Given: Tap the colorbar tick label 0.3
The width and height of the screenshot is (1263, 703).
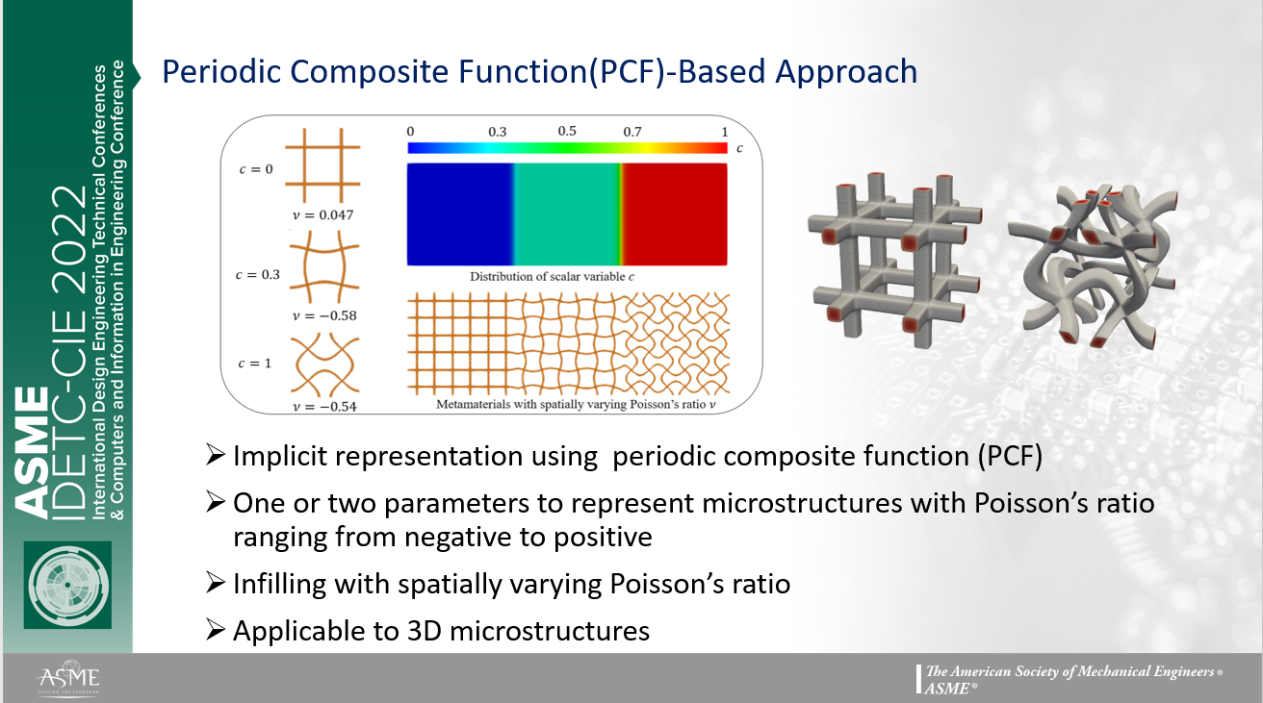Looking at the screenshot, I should [x=497, y=132].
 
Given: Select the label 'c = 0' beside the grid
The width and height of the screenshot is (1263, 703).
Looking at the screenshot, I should [x=255, y=169].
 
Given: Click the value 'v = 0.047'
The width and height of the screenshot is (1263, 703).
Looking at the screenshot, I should [x=322, y=214].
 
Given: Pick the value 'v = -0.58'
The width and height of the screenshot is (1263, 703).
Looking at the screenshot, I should [x=322, y=314].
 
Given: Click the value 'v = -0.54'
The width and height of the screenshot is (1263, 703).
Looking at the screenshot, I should [x=323, y=406].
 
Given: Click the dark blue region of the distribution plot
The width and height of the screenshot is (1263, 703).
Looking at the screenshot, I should [x=459, y=213].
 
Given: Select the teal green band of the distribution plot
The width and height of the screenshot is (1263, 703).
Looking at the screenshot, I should [x=566, y=213].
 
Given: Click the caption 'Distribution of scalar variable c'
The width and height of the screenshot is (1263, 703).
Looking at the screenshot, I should [x=566, y=276].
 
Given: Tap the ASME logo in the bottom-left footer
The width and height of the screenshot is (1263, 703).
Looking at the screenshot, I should [x=66, y=678].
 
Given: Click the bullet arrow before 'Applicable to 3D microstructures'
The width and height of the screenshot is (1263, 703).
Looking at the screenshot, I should [x=217, y=631].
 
